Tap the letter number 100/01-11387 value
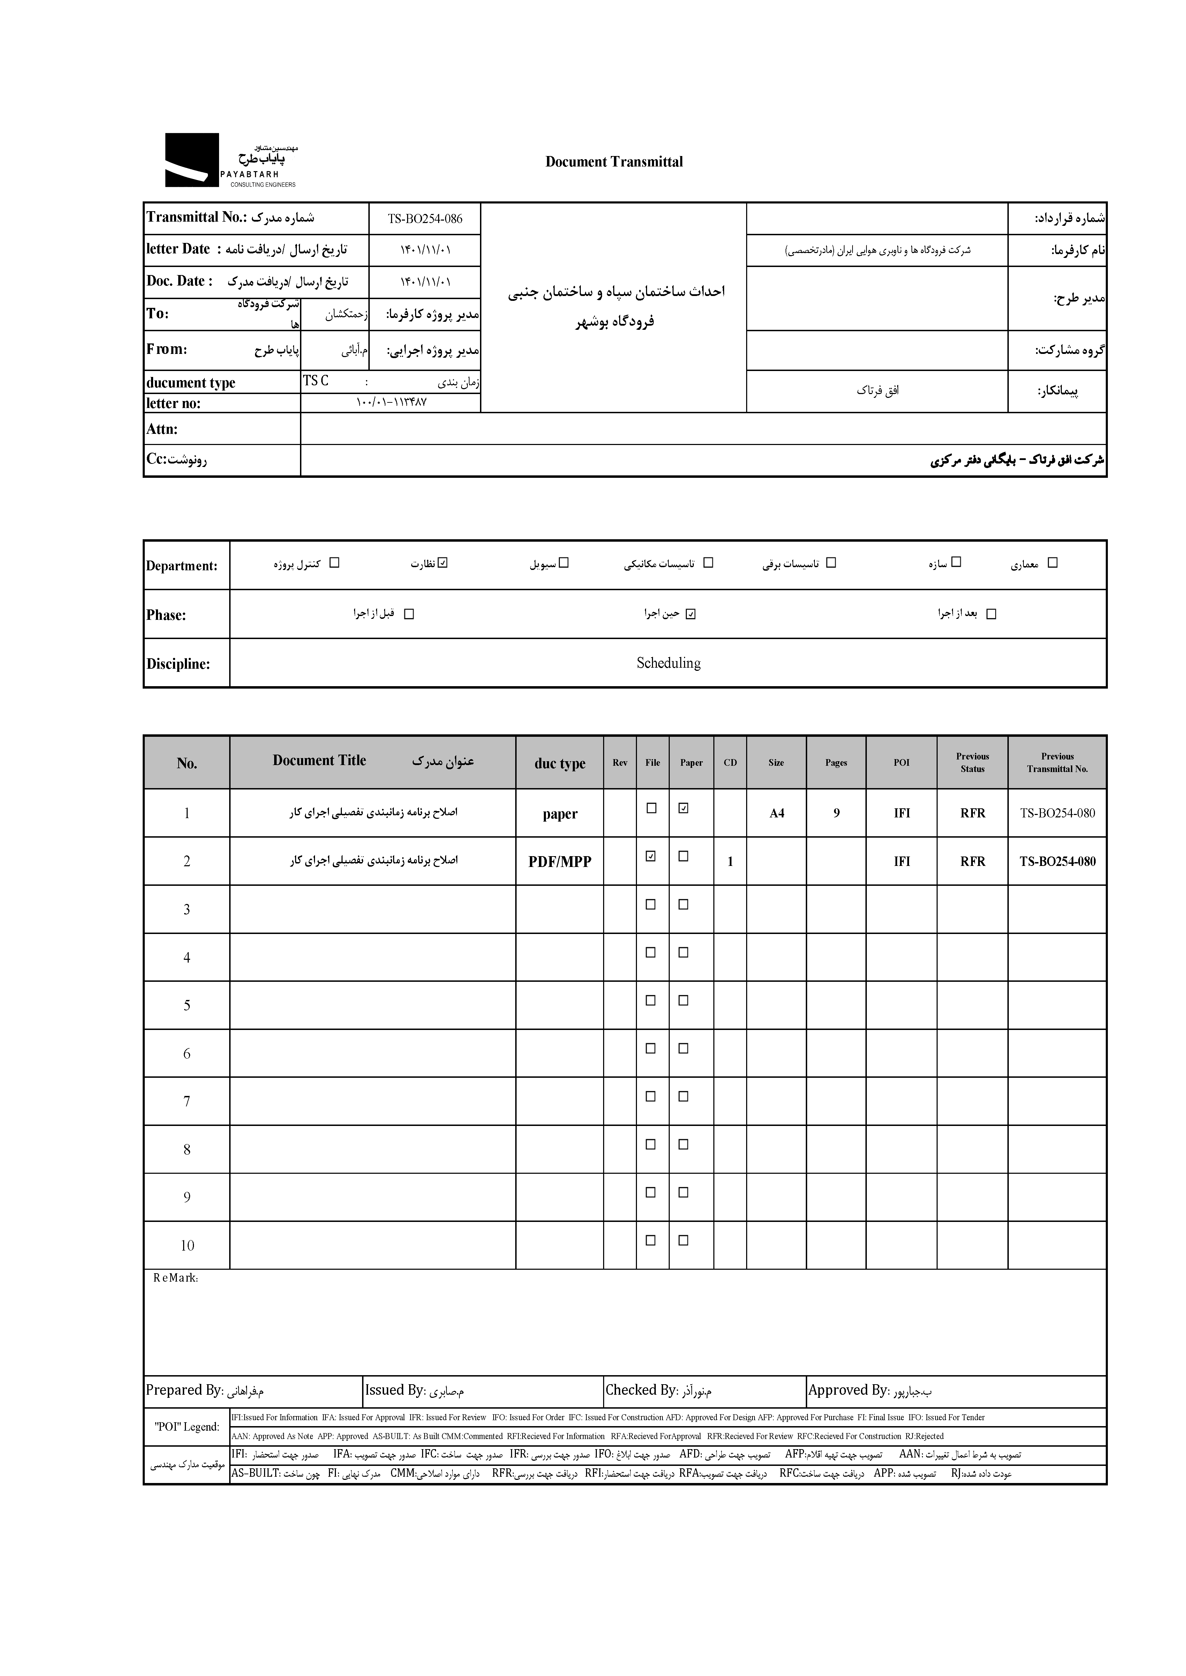[x=391, y=402]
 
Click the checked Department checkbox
[x=442, y=563]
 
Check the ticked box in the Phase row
[x=691, y=614]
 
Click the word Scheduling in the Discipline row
[x=668, y=663]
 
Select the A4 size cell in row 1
[x=776, y=813]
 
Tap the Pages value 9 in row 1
[x=836, y=813]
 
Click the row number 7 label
[x=187, y=1101]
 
